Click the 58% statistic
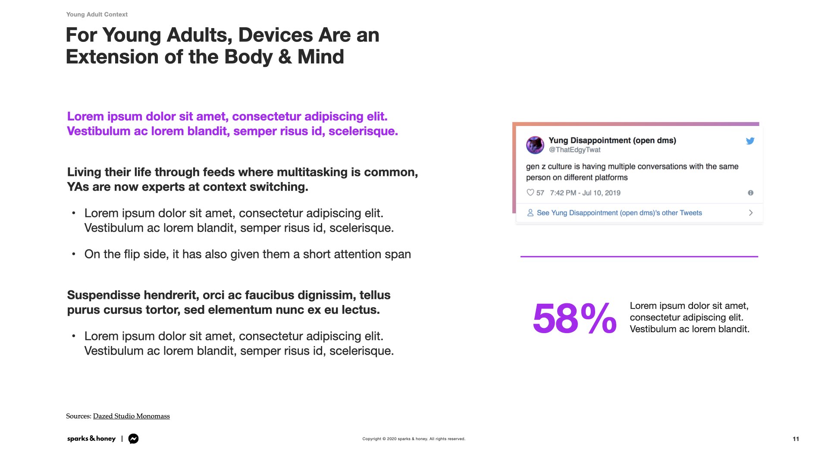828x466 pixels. tap(574, 318)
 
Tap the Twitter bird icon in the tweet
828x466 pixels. tap(750, 141)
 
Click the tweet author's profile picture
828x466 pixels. tap(535, 145)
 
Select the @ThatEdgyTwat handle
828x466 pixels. tap(574, 150)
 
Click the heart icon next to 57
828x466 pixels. tap(530, 192)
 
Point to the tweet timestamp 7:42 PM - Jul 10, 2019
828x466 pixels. tap(585, 193)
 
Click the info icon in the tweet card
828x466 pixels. tap(751, 193)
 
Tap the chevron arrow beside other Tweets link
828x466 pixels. tap(751, 213)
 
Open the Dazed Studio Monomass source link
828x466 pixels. tap(132, 416)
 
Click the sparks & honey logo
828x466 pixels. tap(91, 438)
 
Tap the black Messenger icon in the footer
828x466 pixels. tap(134, 439)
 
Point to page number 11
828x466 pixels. tap(796, 439)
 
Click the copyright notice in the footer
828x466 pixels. tap(414, 439)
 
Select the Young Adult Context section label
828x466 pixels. tap(97, 14)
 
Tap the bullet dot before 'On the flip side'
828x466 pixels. tap(74, 254)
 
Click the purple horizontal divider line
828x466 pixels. tap(639, 256)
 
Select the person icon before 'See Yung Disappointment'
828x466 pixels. tap(530, 213)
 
